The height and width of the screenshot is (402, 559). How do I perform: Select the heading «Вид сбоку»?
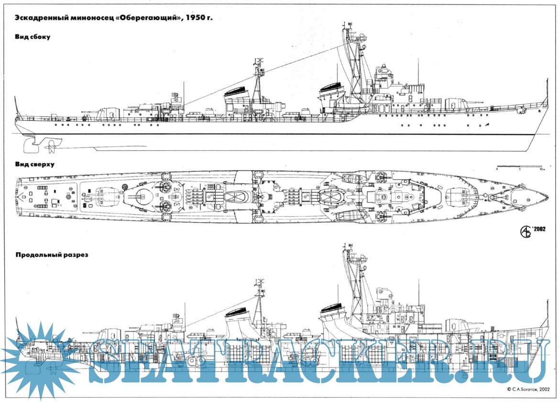33,37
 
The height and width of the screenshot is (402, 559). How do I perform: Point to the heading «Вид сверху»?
35,164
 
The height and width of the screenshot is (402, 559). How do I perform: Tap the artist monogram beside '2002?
526,231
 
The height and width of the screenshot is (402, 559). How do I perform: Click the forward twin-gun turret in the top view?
457,197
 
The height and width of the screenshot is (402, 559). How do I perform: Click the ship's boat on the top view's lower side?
351,215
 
